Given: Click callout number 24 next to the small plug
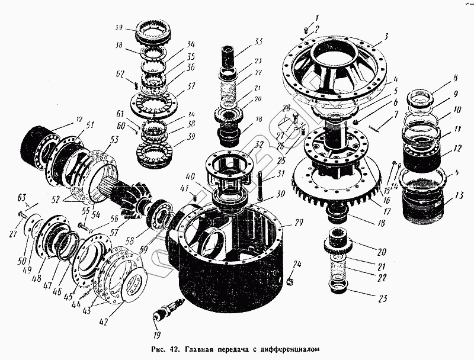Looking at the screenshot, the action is [298, 263].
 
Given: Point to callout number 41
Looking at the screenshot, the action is [184, 188].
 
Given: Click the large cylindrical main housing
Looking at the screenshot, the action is [231, 261].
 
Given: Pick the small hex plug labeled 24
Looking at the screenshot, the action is [291, 278].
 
